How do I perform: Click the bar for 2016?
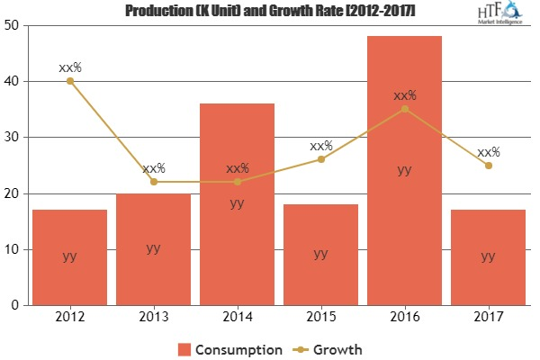(404, 171)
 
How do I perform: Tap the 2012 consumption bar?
(69, 257)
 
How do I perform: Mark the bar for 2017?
(488, 257)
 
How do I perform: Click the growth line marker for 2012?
(69, 81)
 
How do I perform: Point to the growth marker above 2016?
(404, 109)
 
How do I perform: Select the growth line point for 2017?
(488, 165)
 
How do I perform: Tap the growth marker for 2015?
(320, 159)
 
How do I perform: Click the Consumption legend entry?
(230, 348)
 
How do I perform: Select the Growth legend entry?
(329, 348)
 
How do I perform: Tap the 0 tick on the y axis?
(16, 305)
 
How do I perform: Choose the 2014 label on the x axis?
(237, 318)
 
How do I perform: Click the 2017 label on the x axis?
(488, 318)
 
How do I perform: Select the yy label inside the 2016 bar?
(404, 169)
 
